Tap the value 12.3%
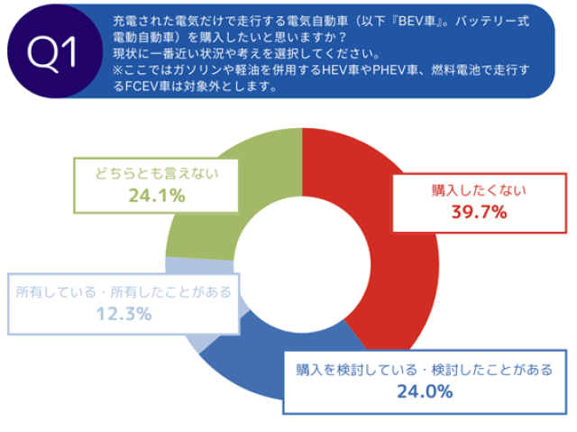pyautogui.click(x=124, y=315)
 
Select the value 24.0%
pyautogui.click(x=424, y=392)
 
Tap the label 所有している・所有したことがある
pyautogui.click(x=124, y=292)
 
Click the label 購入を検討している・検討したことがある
pyautogui.click(x=423, y=370)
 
